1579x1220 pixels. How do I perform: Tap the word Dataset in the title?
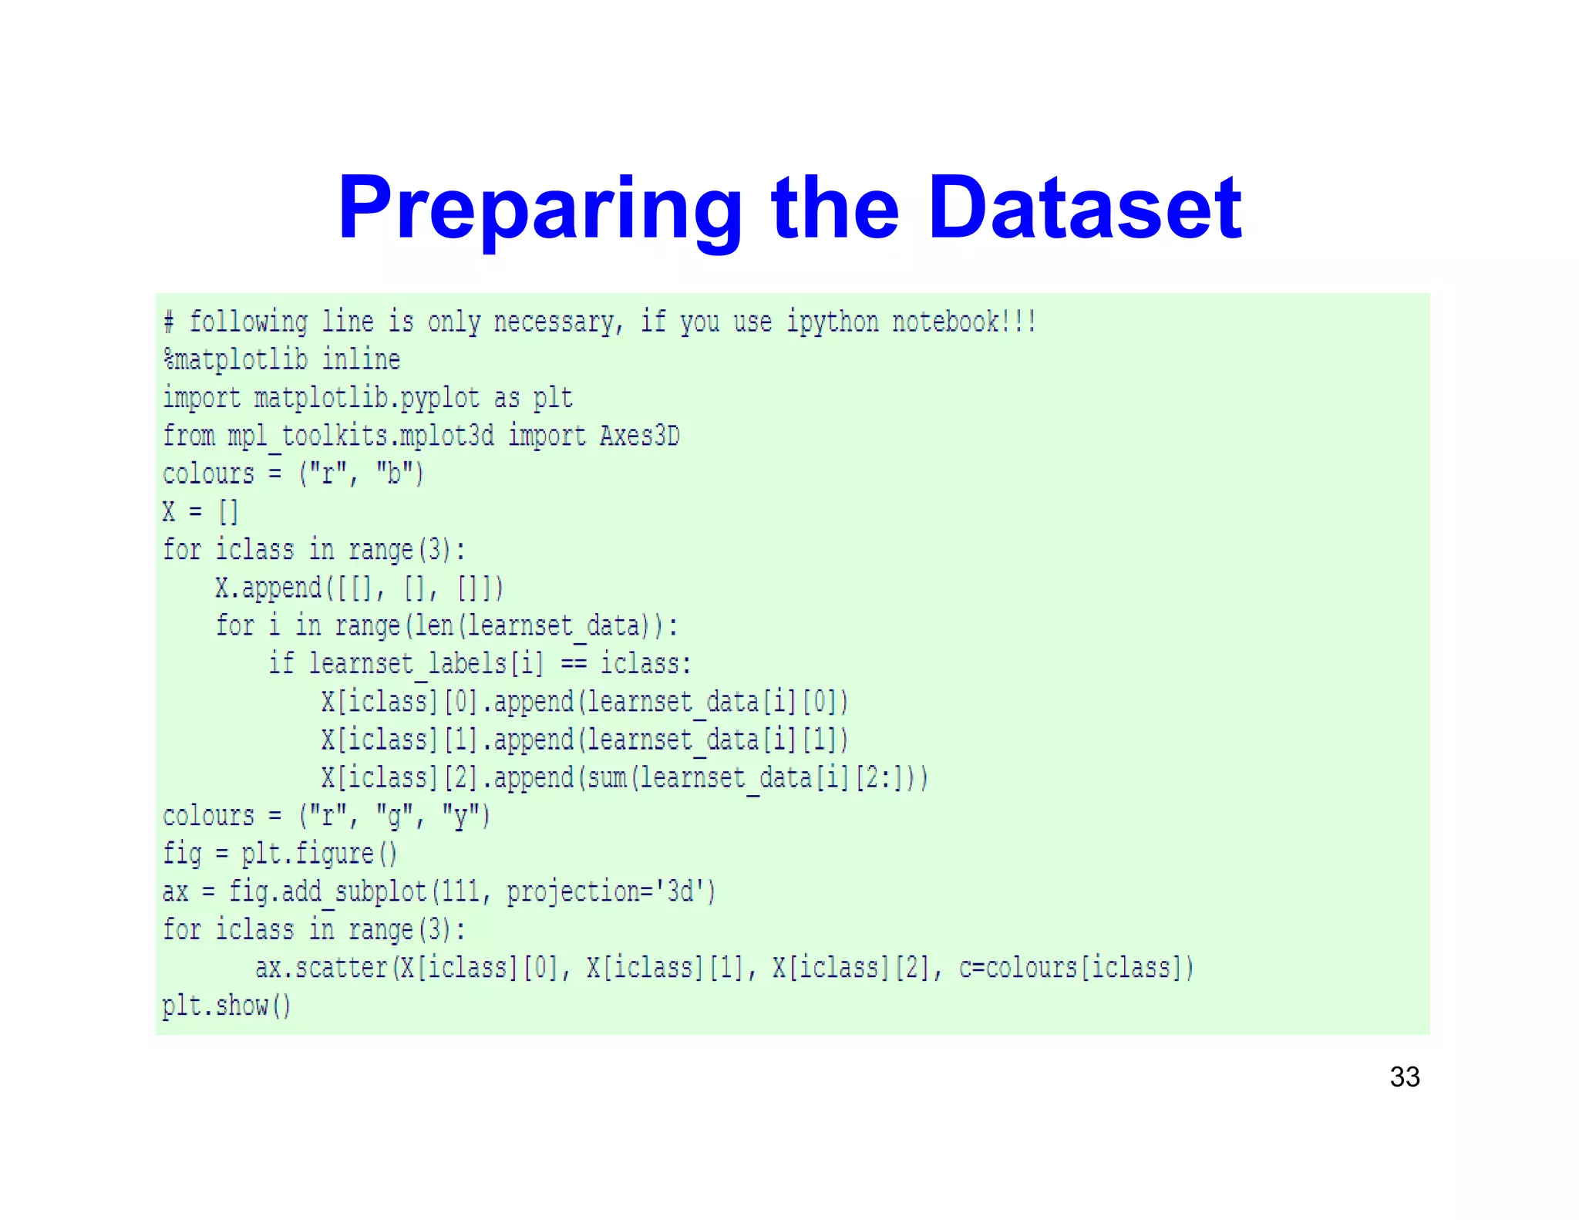[x=1085, y=208]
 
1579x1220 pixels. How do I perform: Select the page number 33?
[x=1404, y=1077]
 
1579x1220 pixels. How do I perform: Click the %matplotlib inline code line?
[x=281, y=359]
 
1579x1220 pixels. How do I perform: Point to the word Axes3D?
[x=639, y=436]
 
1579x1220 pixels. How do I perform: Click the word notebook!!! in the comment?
[x=964, y=322]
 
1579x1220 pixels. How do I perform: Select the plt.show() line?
[x=227, y=1006]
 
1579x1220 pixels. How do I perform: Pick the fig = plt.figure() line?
[x=280, y=854]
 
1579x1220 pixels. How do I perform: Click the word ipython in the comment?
[x=832, y=322]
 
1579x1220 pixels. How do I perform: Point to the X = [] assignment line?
[x=200, y=511]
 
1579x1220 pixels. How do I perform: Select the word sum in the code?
[x=606, y=777]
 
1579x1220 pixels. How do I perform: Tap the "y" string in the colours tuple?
[x=461, y=816]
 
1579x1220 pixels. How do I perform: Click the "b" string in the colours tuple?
[x=393, y=474]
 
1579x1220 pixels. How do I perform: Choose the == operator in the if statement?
[x=572, y=663]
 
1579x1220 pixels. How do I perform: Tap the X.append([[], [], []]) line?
[x=359, y=588]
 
